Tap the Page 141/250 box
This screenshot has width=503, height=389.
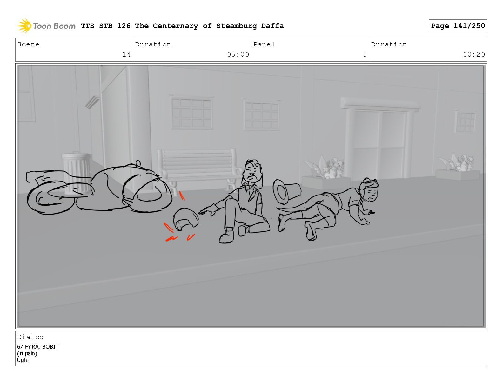(x=458, y=26)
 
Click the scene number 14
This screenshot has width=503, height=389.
(x=126, y=54)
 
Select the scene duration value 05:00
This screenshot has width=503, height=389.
(x=238, y=54)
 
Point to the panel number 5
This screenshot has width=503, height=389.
(x=365, y=54)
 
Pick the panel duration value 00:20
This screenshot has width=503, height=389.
(x=474, y=54)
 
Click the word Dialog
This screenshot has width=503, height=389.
(x=30, y=337)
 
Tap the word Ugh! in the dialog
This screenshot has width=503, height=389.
(x=23, y=360)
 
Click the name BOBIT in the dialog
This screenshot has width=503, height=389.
(x=50, y=347)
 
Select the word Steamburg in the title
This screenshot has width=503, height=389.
(x=236, y=26)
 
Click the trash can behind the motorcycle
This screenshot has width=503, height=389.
(x=77, y=173)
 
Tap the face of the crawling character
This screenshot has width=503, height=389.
(x=370, y=193)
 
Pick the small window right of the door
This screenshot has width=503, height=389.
(x=465, y=122)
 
